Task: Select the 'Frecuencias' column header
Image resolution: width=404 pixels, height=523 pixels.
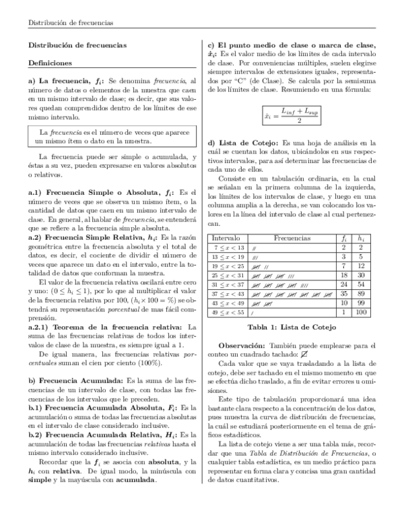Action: [x=292, y=239]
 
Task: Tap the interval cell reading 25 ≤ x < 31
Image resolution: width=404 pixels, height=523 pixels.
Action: [x=228, y=276]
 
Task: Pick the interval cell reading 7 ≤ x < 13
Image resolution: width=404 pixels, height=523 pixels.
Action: [x=227, y=248]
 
